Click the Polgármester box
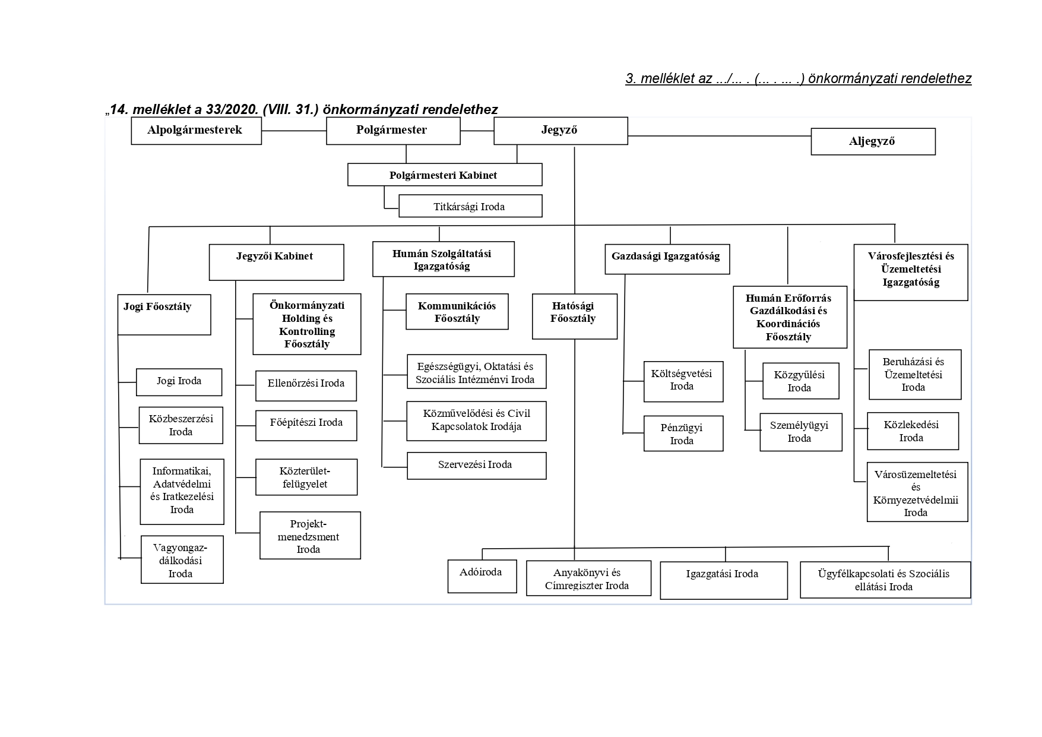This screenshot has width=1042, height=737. click(x=392, y=131)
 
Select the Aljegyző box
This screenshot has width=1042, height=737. click(x=872, y=142)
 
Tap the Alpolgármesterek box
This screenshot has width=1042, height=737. click(x=195, y=131)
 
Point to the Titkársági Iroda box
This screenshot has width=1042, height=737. click(x=470, y=207)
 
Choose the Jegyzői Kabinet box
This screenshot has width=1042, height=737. click(x=276, y=262)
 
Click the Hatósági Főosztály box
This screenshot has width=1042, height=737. click(x=574, y=317)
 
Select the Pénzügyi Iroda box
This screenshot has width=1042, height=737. click(x=683, y=434)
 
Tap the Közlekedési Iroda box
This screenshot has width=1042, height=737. click(x=912, y=431)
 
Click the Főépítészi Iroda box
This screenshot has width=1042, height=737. click(x=306, y=425)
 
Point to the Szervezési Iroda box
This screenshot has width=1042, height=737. click(x=476, y=466)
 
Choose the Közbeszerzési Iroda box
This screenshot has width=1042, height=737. click(x=180, y=425)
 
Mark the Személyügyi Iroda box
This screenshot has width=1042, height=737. click(x=800, y=432)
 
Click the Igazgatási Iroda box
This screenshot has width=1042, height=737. click(x=723, y=580)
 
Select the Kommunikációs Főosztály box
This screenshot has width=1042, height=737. click(x=457, y=312)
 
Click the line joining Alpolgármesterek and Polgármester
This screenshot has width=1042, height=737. click(x=293, y=131)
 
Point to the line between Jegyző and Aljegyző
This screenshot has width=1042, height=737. click(x=719, y=137)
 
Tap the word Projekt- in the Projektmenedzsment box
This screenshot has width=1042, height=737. click(x=309, y=524)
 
